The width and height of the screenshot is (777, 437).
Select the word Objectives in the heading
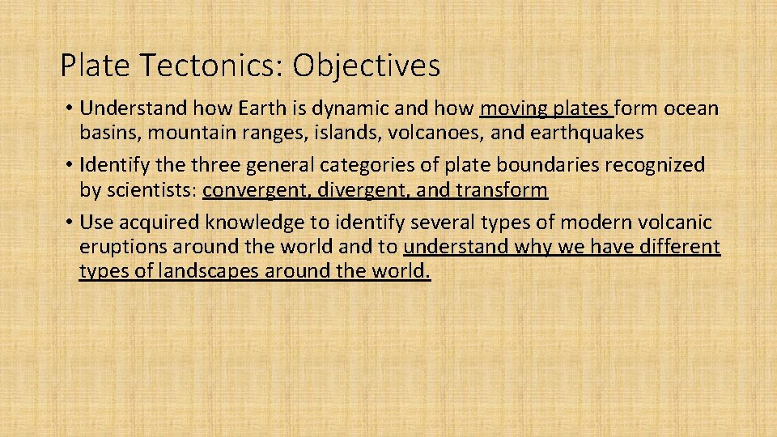[366, 66]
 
